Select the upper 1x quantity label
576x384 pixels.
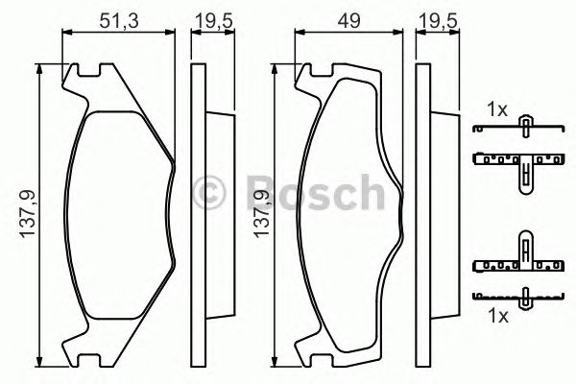(496, 110)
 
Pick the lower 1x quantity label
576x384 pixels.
(496, 315)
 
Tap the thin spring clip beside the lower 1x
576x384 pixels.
(523, 297)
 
